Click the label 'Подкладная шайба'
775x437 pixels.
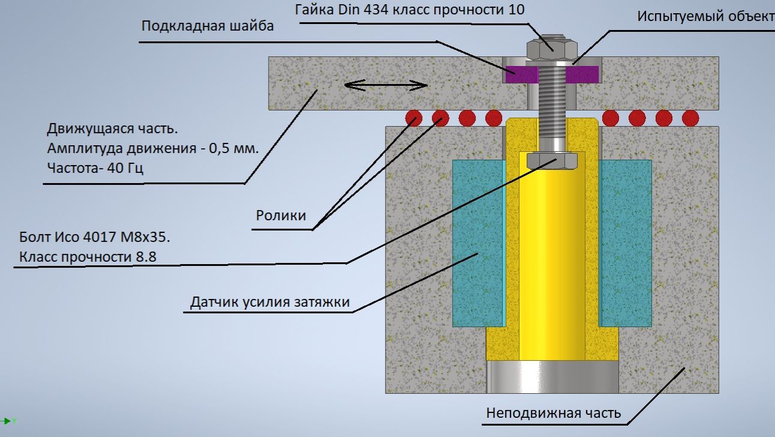click(x=208, y=26)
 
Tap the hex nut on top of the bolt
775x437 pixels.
click(x=551, y=48)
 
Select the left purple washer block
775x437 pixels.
click(x=519, y=74)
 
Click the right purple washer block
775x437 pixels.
click(x=583, y=74)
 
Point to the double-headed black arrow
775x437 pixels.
click(x=386, y=86)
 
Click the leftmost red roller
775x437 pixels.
click(x=413, y=118)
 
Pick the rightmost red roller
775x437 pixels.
click(x=690, y=118)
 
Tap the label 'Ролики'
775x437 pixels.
click(x=281, y=215)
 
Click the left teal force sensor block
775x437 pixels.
click(x=477, y=243)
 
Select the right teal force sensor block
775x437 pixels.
click(x=626, y=243)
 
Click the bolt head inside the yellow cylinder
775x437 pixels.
click(x=551, y=160)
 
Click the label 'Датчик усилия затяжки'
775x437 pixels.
click(x=270, y=301)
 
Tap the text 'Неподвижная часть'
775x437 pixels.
click(x=553, y=413)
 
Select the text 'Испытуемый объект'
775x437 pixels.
click(x=705, y=16)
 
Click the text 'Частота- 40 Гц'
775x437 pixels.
click(x=95, y=168)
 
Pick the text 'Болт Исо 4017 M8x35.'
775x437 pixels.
click(x=95, y=237)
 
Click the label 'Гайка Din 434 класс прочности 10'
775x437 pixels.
click(x=410, y=10)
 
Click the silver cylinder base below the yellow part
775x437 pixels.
click(x=551, y=377)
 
